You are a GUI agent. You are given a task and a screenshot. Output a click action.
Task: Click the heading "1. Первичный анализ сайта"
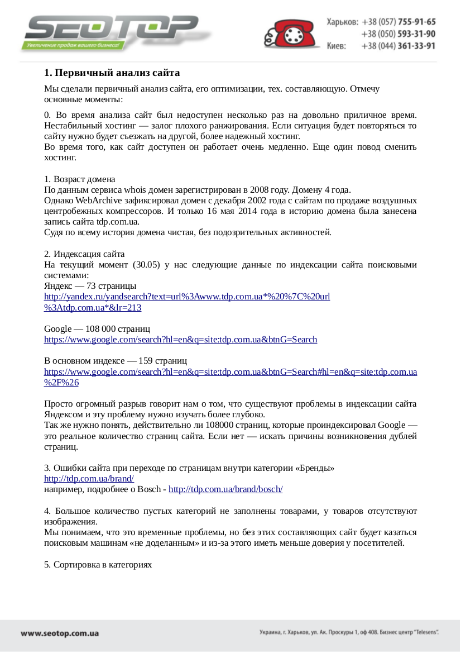112,73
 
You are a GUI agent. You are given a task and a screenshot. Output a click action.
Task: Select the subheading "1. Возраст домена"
79,179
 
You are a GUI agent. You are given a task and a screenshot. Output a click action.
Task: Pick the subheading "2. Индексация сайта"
84,254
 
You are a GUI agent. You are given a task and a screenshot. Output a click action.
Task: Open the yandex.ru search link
186,297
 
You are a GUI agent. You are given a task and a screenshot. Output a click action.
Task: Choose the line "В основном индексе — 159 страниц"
115,360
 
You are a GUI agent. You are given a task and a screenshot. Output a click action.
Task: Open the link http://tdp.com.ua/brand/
89,479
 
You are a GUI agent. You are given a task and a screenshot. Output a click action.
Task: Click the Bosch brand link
225,489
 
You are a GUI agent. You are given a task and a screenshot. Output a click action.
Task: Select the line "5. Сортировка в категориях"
98,564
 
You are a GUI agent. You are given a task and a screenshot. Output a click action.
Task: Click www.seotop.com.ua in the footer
60,633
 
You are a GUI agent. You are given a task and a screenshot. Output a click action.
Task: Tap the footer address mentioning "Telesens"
349,633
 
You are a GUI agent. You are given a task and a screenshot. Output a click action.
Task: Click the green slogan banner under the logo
71,45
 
